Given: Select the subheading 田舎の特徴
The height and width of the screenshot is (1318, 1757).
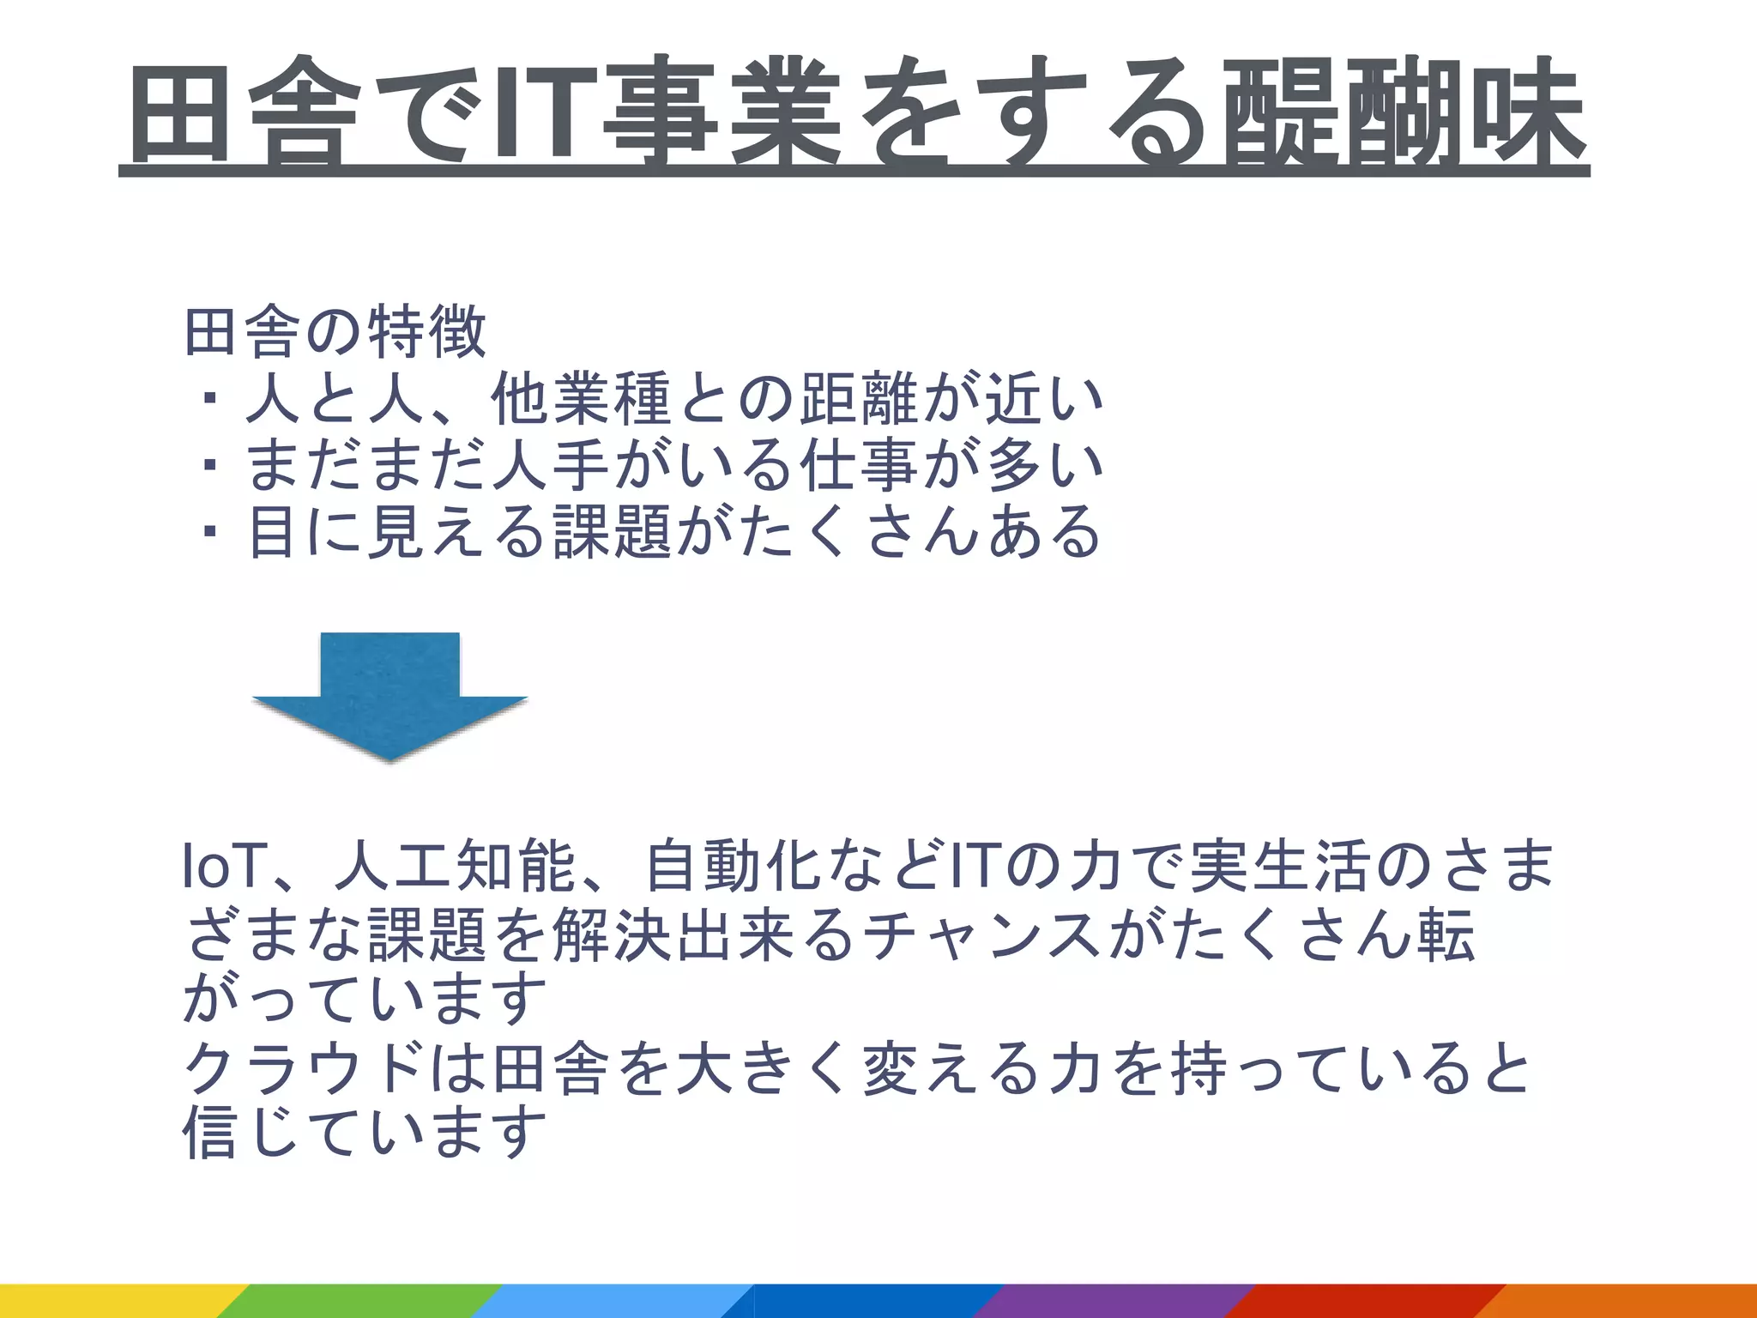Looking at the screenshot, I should point(335,332).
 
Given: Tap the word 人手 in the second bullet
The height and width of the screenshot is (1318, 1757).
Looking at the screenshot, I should point(550,466).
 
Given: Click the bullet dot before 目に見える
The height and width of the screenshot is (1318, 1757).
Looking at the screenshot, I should point(208,533).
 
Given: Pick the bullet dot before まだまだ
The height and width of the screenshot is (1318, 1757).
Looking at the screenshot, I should point(208,466).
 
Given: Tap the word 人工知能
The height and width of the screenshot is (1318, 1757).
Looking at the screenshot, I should point(456,867).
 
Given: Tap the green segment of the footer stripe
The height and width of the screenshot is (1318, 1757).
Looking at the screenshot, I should point(360,1301).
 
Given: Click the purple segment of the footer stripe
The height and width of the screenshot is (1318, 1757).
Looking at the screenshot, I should point(1115,1301).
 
